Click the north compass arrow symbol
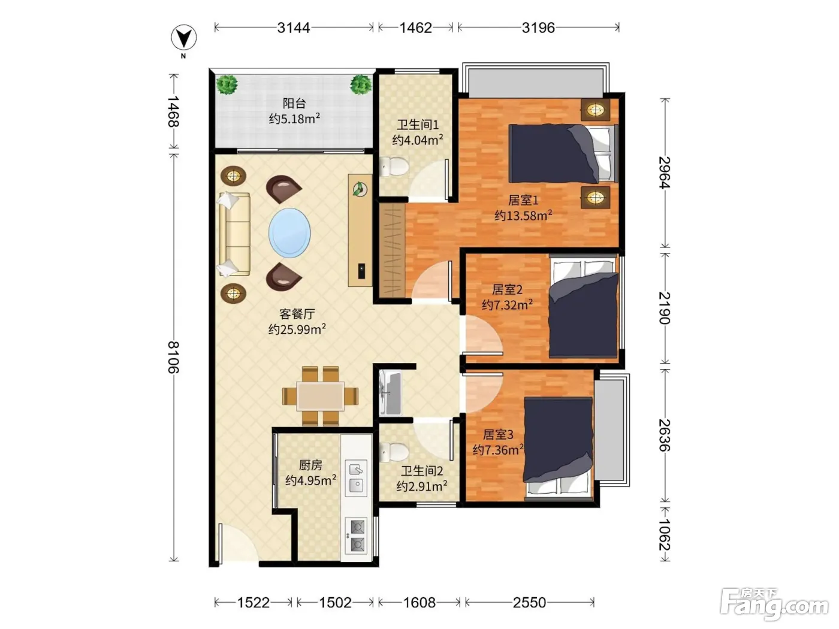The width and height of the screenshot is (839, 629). (x=184, y=38)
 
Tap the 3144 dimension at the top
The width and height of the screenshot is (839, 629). (x=294, y=28)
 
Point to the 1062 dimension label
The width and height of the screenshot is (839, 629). (x=665, y=534)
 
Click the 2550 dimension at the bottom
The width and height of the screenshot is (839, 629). (x=529, y=603)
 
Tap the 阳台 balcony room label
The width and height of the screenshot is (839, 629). (x=294, y=103)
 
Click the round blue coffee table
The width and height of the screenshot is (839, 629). (x=289, y=232)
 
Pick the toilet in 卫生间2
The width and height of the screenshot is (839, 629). (x=394, y=452)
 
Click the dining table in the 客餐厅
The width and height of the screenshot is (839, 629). (x=320, y=396)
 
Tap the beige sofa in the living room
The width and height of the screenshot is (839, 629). (x=234, y=234)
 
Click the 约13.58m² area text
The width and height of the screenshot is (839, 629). (x=523, y=216)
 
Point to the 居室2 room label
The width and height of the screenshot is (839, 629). (x=507, y=289)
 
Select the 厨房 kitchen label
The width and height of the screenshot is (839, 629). (x=310, y=465)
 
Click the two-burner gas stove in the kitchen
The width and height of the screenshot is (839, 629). (x=356, y=536)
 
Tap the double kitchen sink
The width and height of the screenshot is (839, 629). (x=356, y=478)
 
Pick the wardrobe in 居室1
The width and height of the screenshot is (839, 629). (x=391, y=250)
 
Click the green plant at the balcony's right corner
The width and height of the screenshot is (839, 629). (x=360, y=85)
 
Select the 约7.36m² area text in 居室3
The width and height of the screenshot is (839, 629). (x=497, y=449)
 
